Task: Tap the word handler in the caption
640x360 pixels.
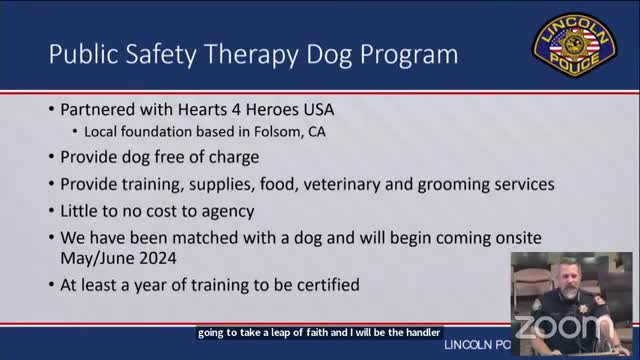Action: click(419, 332)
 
